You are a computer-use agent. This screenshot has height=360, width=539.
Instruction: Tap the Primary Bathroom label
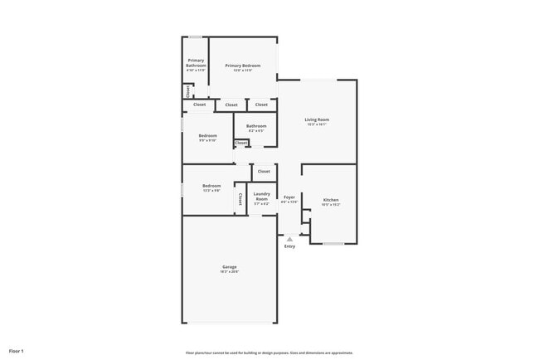[196, 62]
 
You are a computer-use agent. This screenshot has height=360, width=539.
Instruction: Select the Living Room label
[317, 120]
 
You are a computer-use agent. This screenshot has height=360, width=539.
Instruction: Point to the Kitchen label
[331, 200]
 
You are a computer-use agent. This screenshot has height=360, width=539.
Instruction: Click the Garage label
[229, 267]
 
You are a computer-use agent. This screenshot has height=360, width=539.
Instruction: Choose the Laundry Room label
[261, 197]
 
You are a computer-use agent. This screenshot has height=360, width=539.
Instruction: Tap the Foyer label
[289, 197]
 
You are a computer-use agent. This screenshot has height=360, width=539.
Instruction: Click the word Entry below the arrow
[289, 246]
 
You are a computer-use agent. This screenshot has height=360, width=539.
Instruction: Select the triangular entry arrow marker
[289, 239]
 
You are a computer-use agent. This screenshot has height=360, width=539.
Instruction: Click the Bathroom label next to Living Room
[255, 126]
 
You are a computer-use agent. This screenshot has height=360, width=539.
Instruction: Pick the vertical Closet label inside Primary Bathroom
[188, 90]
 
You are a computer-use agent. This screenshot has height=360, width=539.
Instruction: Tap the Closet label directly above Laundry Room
[264, 172]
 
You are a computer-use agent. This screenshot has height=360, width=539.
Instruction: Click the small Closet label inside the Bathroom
[240, 143]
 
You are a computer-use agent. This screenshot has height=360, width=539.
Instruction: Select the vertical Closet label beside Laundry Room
[240, 199]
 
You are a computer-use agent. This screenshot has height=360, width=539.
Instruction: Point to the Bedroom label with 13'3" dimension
[211, 186]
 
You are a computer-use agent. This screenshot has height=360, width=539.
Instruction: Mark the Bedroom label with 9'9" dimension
[207, 135]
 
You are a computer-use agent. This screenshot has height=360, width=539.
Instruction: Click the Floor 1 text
[17, 352]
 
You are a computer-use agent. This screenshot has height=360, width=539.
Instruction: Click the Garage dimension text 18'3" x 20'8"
[229, 271]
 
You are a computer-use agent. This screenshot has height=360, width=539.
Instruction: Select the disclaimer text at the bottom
[269, 353]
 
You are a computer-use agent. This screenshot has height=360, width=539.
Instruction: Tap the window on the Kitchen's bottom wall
[333, 243]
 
